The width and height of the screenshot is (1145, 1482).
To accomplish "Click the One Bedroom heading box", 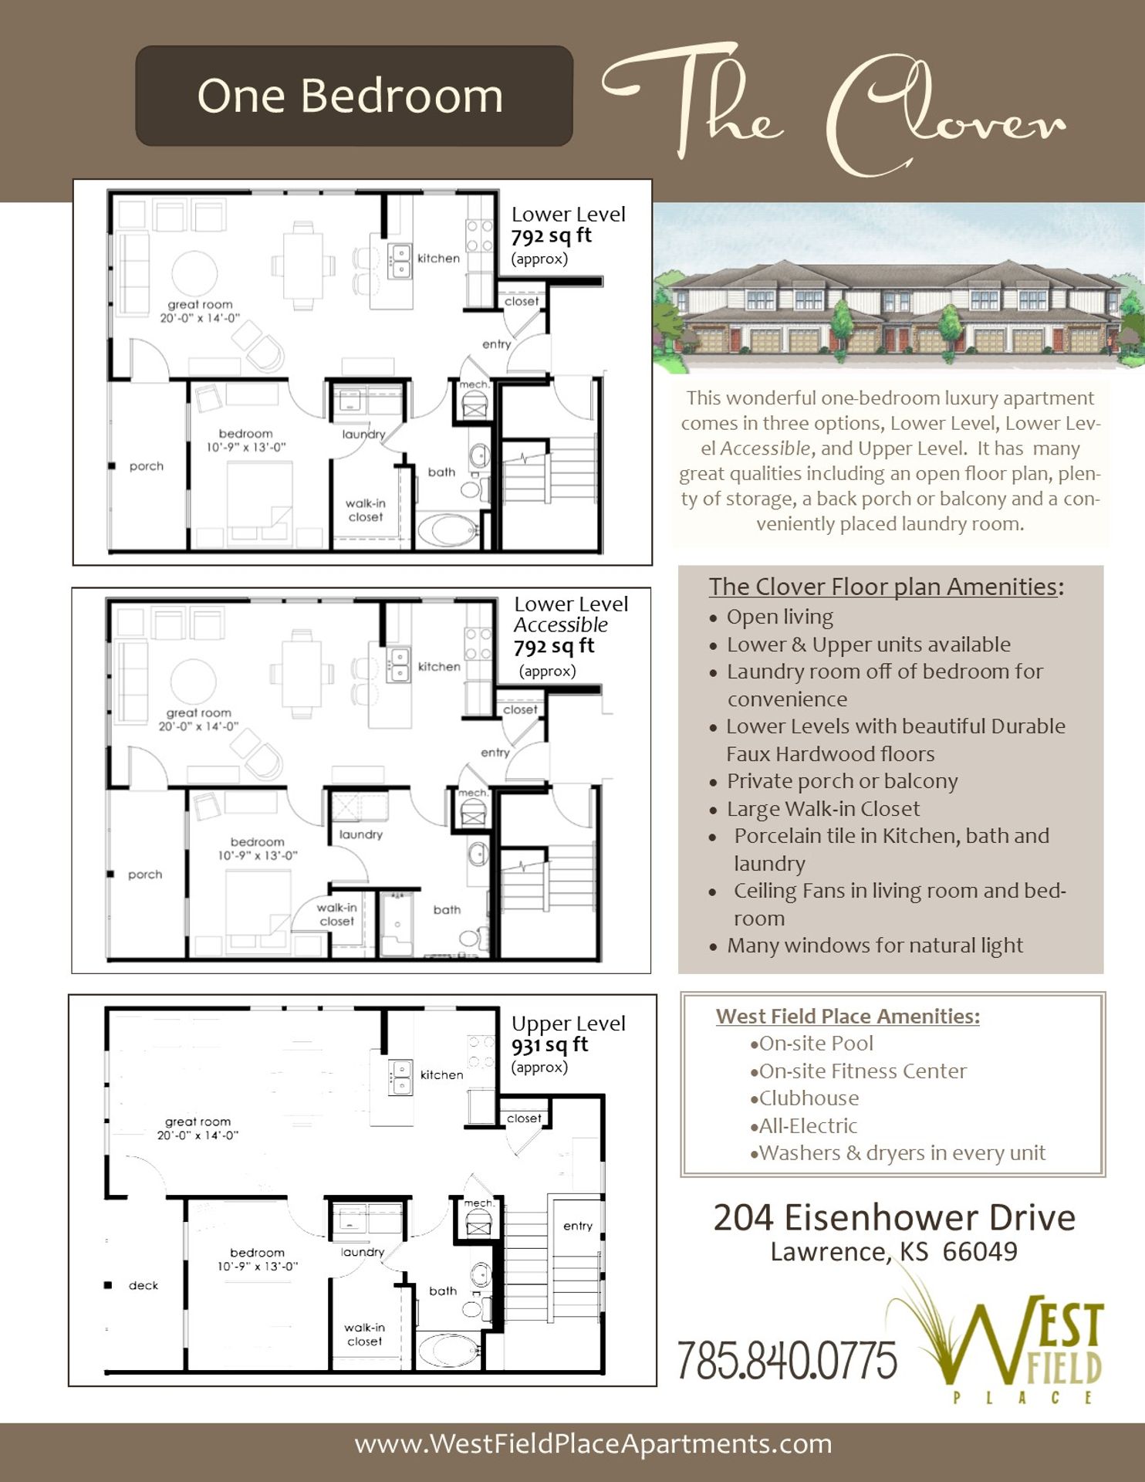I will pyautogui.click(x=353, y=96).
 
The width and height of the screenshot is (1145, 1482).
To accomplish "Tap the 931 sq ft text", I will pyautogui.click(x=549, y=1045).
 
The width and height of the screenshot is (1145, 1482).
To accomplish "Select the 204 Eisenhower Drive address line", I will pyautogui.click(x=893, y=1218).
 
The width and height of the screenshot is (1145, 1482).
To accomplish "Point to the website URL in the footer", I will pyautogui.click(x=593, y=1443).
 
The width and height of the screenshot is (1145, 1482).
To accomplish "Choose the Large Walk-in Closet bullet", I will pyautogui.click(x=822, y=809).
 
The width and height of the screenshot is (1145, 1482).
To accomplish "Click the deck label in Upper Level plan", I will pyautogui.click(x=144, y=1285).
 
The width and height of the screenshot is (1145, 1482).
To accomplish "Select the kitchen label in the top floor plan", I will pyautogui.click(x=438, y=259).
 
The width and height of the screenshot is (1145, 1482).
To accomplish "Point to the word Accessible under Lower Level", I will pyautogui.click(x=561, y=624).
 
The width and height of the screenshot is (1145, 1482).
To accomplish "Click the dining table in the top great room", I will pyautogui.click(x=303, y=265).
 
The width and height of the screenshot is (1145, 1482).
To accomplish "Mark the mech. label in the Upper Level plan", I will pyautogui.click(x=478, y=1203).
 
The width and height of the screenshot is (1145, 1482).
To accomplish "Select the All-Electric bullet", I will pyautogui.click(x=807, y=1125).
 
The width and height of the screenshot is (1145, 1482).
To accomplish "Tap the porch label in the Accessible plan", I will pyautogui.click(x=145, y=875).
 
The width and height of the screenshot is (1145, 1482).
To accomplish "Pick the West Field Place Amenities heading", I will pyautogui.click(x=847, y=1016).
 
